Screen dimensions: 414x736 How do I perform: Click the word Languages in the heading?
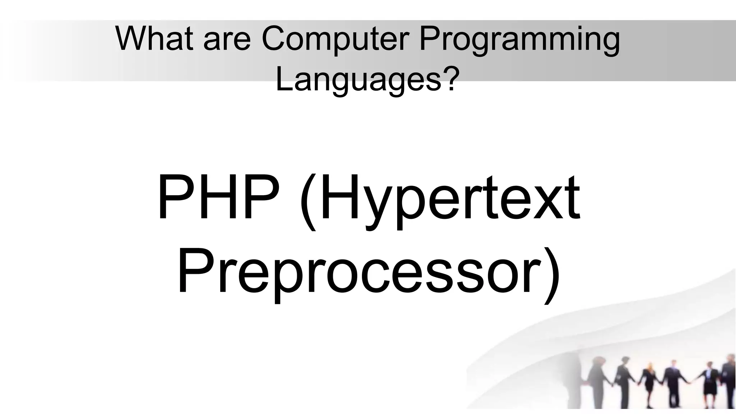tap(358, 79)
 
